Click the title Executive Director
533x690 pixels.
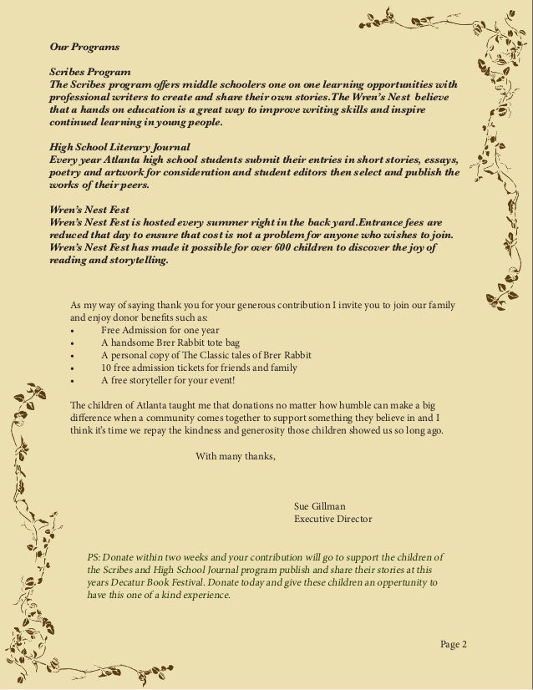(333, 519)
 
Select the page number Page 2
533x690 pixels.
(453, 643)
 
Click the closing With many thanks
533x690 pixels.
(235, 456)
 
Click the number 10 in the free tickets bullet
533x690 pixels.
(106, 368)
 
